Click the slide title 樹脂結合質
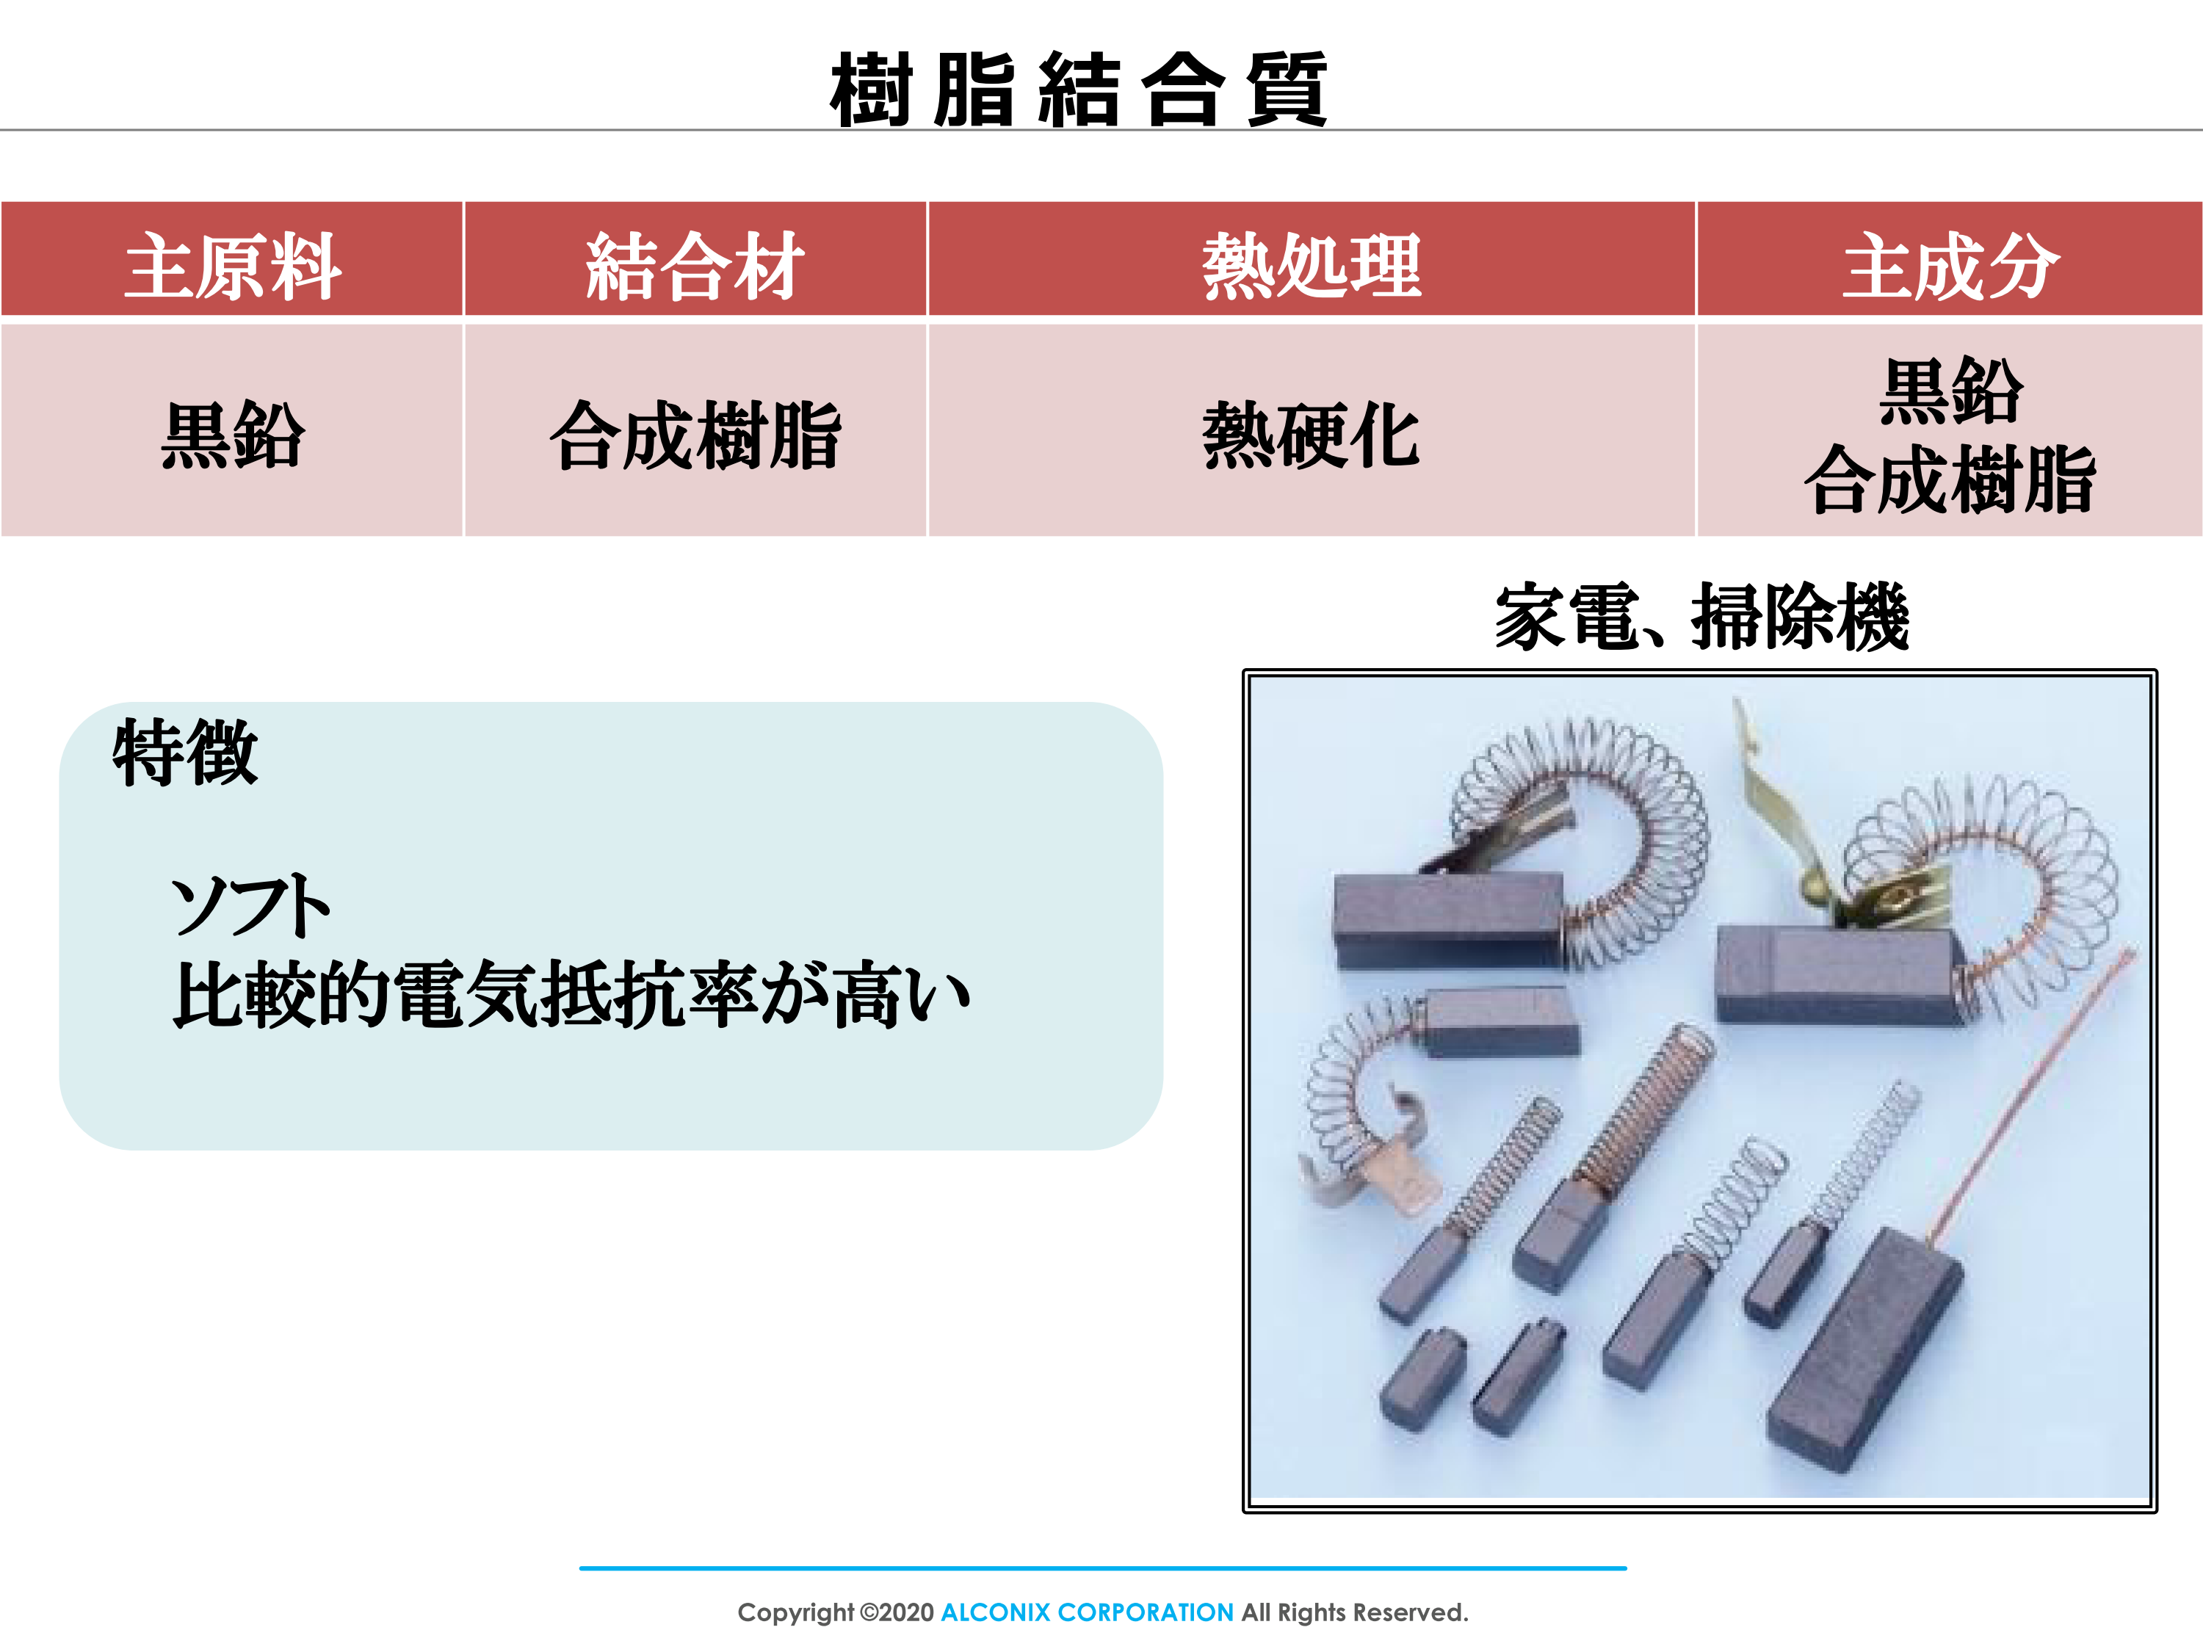[1079, 90]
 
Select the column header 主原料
[233, 266]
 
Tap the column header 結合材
[695, 266]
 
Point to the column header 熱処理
[1312, 266]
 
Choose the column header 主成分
[1950, 266]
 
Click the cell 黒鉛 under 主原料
[233, 435]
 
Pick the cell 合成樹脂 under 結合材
[695, 435]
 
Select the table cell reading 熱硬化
[1312, 435]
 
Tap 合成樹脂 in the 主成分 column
[1950, 480]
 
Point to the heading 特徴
[185, 753]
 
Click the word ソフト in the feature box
[251, 905]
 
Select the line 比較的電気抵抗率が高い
[571, 994]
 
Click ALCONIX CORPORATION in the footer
[1087, 1612]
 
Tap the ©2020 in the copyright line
[897, 1612]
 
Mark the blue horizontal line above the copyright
[1102, 1568]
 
